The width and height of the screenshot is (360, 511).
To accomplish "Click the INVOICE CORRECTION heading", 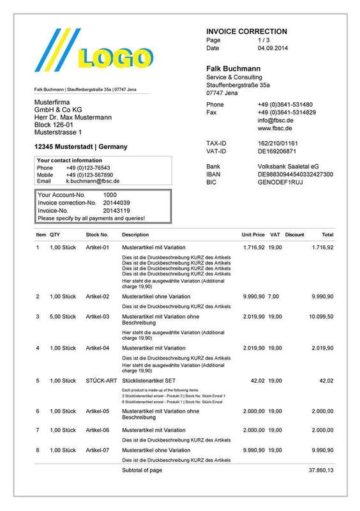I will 246,31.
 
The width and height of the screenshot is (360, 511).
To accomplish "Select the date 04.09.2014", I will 273,48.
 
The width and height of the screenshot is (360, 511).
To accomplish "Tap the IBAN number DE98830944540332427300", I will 295,174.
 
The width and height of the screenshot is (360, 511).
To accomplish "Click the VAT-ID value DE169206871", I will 276,151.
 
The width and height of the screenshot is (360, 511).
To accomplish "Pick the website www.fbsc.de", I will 275,128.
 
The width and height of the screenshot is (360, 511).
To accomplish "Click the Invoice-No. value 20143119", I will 116,210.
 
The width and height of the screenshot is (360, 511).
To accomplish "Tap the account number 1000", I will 110,195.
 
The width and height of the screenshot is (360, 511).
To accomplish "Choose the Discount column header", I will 294,235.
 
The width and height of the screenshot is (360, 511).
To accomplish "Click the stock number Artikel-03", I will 98,316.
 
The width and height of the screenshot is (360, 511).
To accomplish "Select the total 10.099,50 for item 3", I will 321,316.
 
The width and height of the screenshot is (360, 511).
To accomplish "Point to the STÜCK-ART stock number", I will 101,381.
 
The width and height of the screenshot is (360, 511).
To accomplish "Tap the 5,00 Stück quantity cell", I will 63,316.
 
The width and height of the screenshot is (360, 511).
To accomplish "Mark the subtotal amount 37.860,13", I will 321,470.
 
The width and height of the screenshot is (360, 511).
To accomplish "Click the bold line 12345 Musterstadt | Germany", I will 80,147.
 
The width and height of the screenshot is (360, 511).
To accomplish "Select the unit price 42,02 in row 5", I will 257,381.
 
